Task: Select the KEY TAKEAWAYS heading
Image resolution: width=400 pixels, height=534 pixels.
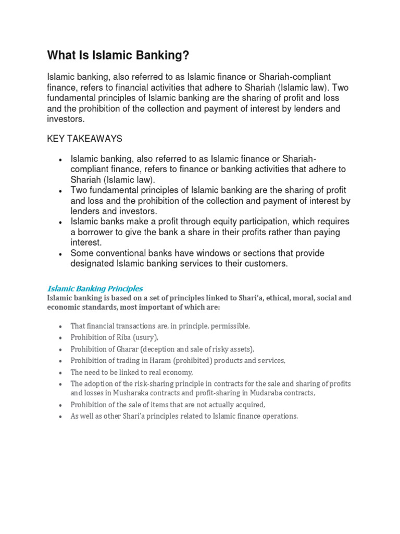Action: pos(84,138)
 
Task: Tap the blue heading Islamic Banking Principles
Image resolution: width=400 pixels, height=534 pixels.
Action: pos(95,288)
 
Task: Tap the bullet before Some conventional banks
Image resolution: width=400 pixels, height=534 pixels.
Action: pos(61,254)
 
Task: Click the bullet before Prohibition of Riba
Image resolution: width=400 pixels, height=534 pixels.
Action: pos(61,338)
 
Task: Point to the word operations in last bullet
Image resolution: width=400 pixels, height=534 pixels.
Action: pos(279,416)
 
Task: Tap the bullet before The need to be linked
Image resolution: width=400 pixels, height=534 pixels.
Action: pos(61,372)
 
